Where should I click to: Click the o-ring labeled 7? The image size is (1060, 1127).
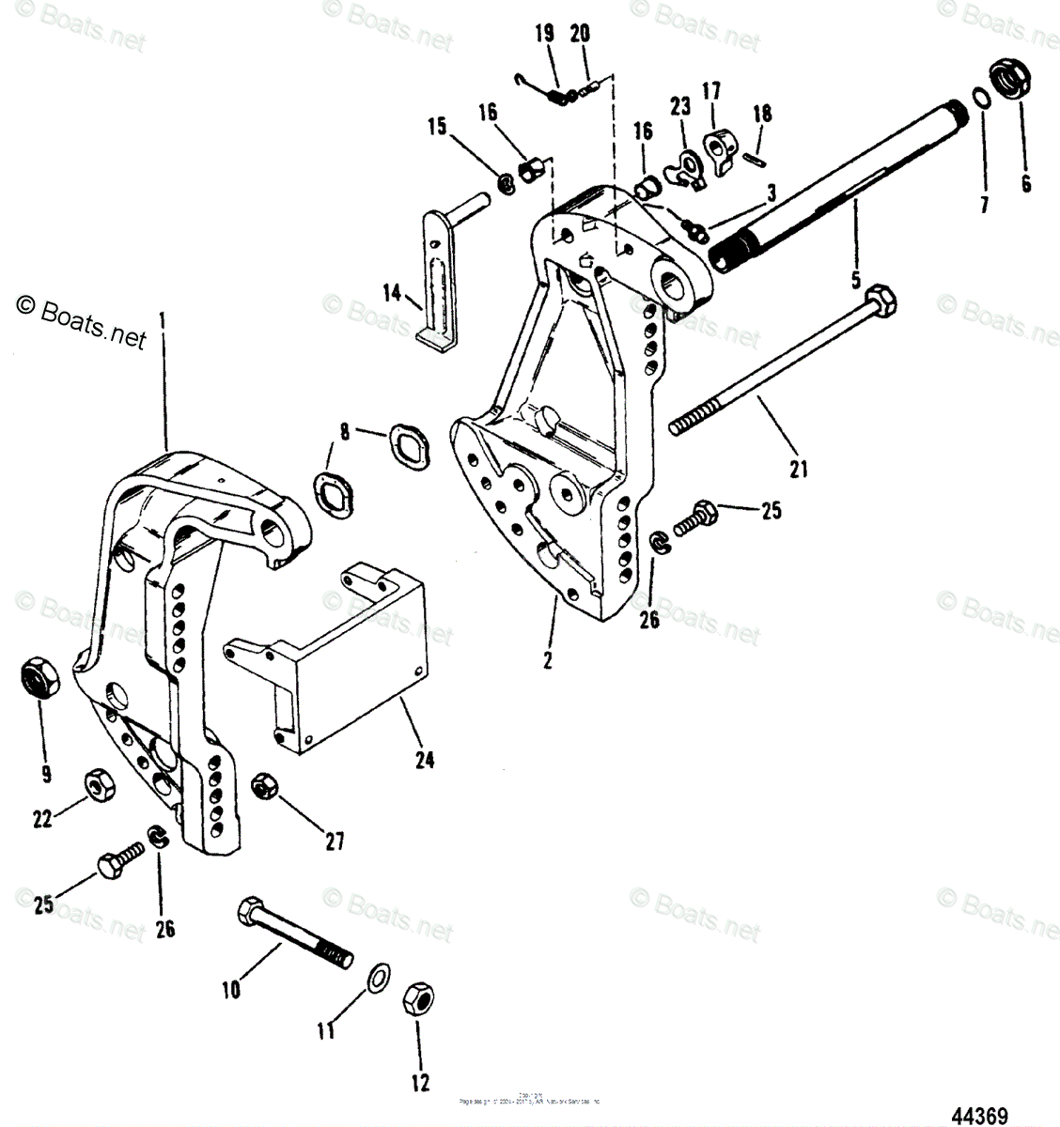[x=979, y=100]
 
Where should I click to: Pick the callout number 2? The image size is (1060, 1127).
[x=547, y=659]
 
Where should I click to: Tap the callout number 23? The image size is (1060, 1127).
[x=679, y=106]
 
